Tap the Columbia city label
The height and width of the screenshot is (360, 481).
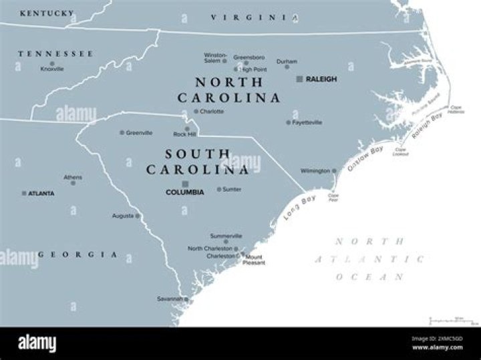(x=184, y=192)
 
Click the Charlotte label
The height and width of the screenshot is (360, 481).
(x=212, y=112)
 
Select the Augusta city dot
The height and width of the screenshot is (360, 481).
(x=138, y=216)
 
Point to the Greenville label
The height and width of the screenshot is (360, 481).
(x=139, y=133)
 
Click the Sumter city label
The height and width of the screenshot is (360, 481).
(x=232, y=190)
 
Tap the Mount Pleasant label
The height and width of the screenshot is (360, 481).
(x=254, y=260)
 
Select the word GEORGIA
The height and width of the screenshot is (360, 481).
(x=78, y=255)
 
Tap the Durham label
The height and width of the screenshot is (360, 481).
(x=287, y=61)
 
